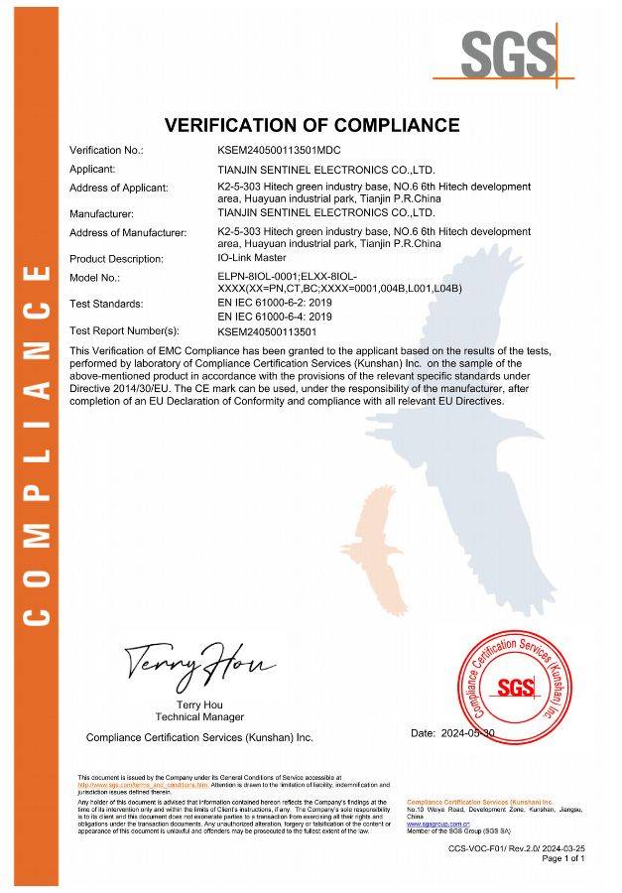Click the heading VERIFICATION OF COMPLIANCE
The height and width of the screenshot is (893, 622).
point(311,125)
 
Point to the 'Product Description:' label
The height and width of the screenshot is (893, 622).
point(115,259)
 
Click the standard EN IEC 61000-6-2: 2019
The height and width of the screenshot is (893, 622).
point(275,303)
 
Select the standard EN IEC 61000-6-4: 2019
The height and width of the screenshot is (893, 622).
point(275,316)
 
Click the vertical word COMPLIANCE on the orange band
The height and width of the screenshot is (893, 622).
point(36,446)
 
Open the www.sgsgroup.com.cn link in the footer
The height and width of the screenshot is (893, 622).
point(437,825)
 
